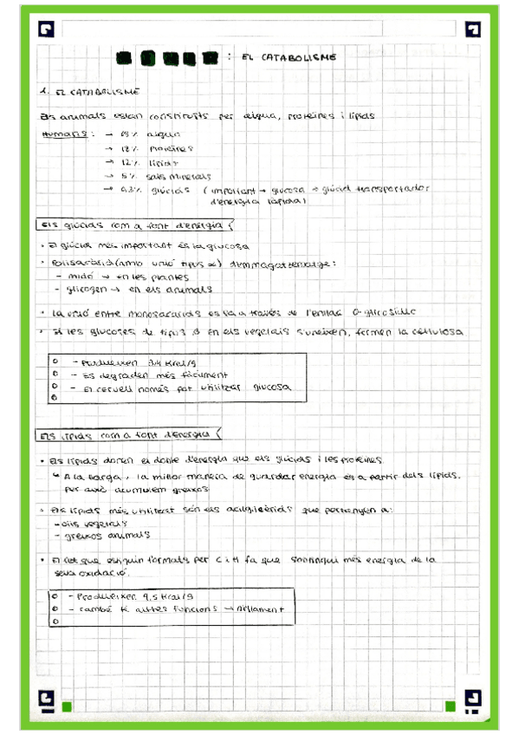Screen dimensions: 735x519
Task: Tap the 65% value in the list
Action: (x=128, y=135)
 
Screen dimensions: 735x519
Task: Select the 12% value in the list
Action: (x=128, y=162)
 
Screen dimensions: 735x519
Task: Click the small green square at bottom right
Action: (x=449, y=706)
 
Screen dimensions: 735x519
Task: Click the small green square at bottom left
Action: (x=66, y=706)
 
